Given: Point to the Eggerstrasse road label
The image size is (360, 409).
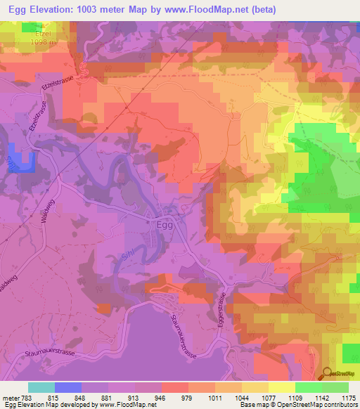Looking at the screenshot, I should pos(226,313).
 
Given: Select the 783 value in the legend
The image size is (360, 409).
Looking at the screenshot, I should pos(26,397).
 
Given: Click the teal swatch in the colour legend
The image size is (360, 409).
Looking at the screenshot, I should pos(41,387).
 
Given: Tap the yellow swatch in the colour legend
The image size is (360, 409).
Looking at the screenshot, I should pos(281,387).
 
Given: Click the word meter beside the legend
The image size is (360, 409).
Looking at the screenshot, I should pos(10,397).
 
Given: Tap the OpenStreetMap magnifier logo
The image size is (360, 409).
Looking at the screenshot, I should pos(327,375).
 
